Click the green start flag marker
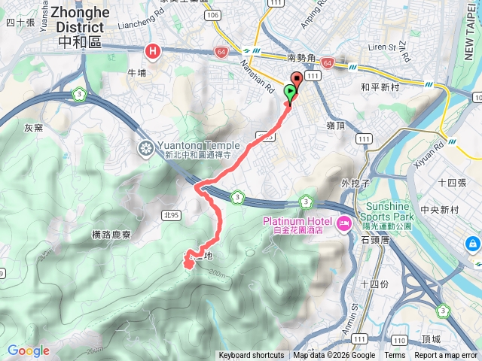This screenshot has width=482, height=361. (x=291, y=93)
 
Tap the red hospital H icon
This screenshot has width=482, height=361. (x=154, y=51)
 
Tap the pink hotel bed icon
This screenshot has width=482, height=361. (x=343, y=223)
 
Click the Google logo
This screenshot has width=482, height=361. (x=28, y=350)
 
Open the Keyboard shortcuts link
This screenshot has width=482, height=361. (x=252, y=356)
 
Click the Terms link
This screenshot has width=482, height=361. (x=395, y=356)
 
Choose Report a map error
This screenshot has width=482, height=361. (x=446, y=356)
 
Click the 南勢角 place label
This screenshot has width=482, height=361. (x=303, y=58)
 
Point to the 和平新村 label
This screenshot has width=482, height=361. (x=379, y=86)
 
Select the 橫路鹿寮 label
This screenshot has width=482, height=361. (x=111, y=235)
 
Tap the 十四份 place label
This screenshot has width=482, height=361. (x=375, y=284)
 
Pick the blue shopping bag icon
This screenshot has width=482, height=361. (x=472, y=244)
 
